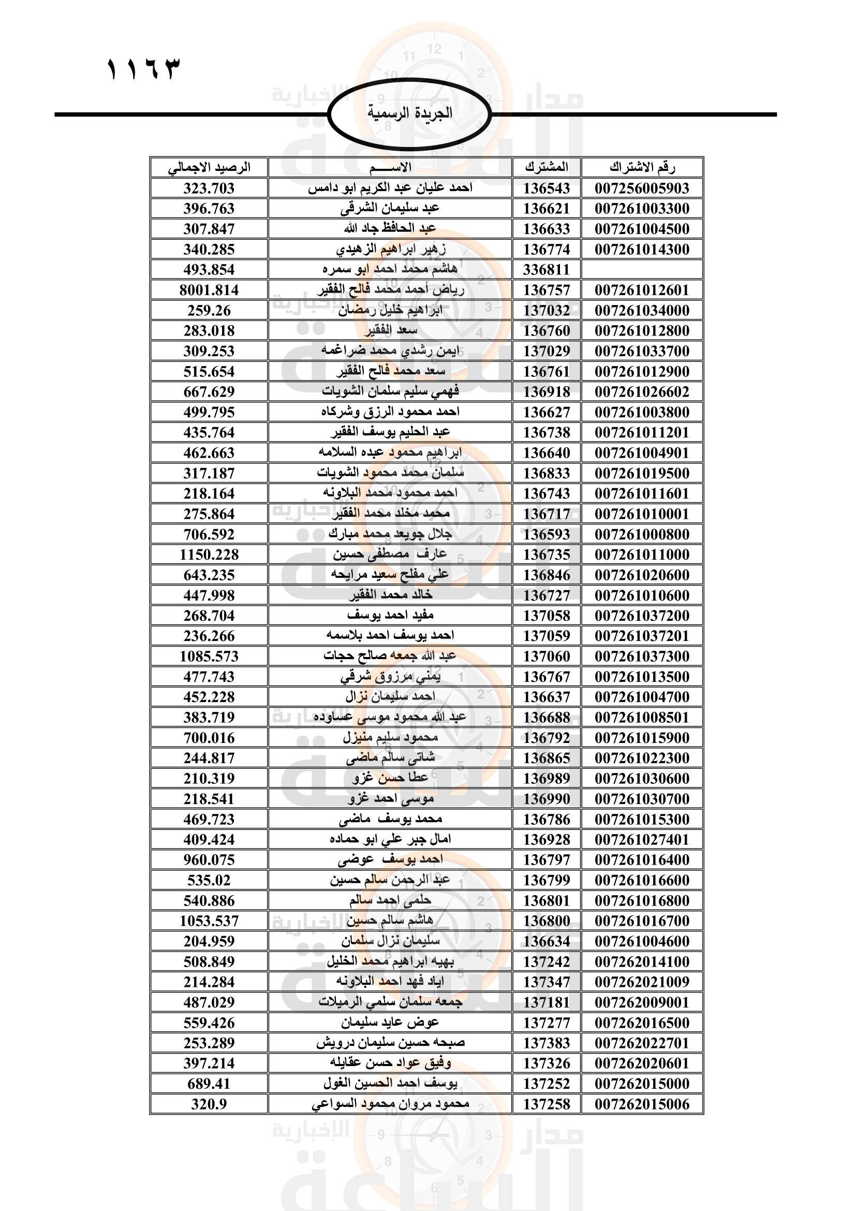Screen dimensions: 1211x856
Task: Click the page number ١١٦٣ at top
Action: tap(143, 69)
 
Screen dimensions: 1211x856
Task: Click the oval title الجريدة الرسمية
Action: tap(409, 113)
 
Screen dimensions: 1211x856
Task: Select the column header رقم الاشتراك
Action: tap(642, 168)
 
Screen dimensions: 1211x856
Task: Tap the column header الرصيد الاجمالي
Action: tap(209, 168)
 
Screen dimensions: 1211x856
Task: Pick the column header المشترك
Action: tap(547, 168)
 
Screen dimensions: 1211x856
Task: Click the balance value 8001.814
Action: tap(209, 290)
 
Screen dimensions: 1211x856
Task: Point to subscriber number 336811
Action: tap(547, 270)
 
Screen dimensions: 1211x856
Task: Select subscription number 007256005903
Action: tap(642, 188)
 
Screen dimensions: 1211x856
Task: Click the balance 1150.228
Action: tap(209, 555)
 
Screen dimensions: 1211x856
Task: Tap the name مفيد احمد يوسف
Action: tap(390, 616)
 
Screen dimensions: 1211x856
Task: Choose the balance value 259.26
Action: tap(209, 311)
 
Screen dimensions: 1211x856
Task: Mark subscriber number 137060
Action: tap(547, 656)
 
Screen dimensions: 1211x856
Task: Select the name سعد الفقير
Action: tap(391, 331)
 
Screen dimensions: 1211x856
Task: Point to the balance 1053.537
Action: tap(209, 921)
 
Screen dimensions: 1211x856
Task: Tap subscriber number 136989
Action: tap(547, 779)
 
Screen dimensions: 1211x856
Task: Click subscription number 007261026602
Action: tap(642, 392)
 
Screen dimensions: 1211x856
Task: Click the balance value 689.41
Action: tap(209, 1084)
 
